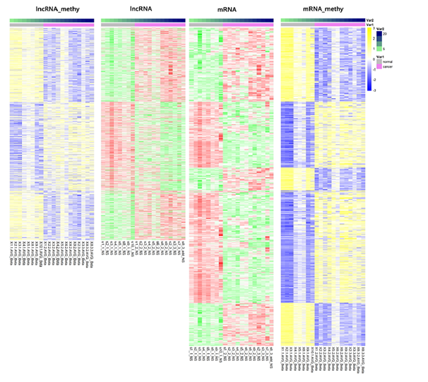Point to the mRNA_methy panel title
point(322,9)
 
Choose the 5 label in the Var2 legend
point(385,48)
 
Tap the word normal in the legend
point(391,61)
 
